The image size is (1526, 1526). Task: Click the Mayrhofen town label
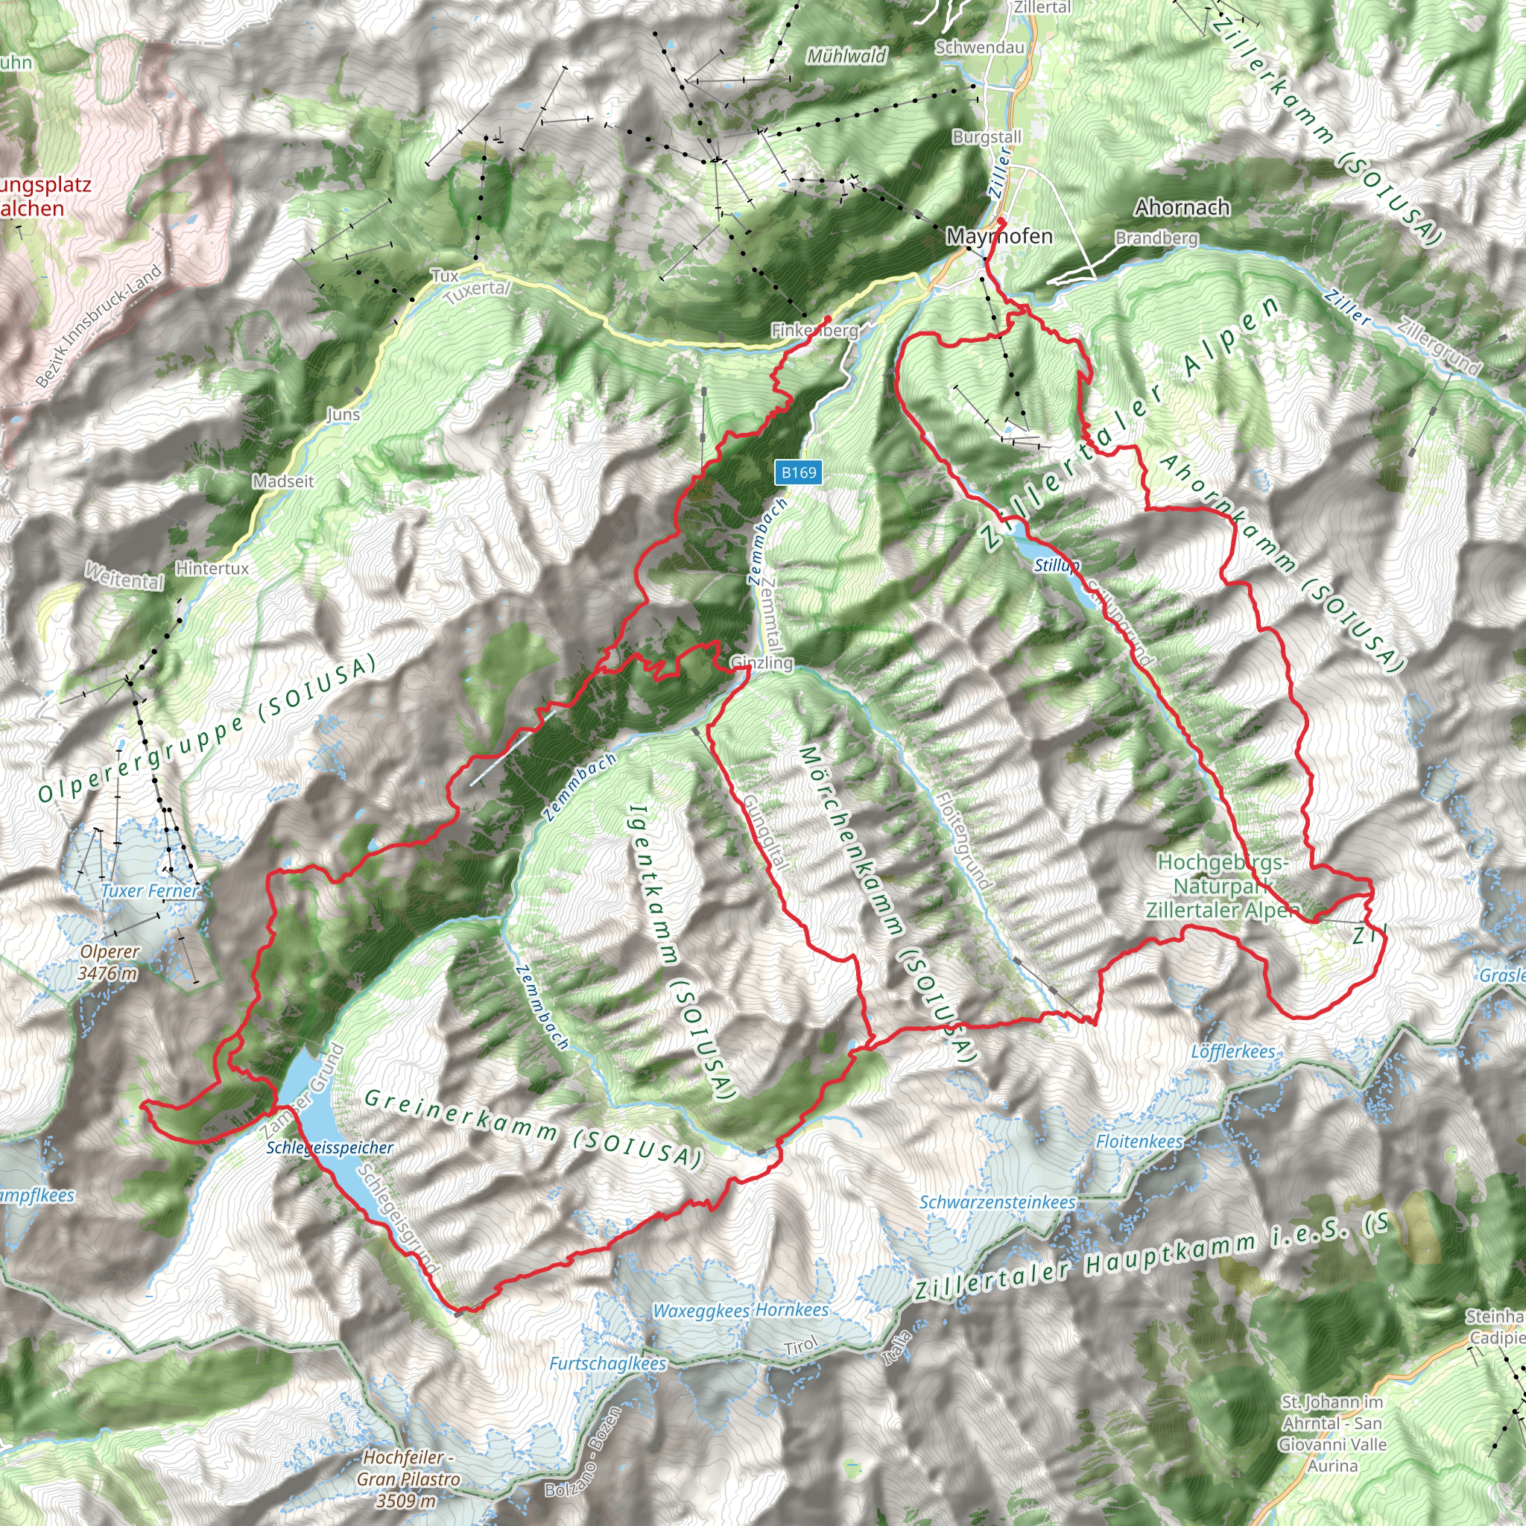coord(999,236)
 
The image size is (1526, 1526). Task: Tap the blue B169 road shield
coord(798,472)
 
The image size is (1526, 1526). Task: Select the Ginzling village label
coord(762,662)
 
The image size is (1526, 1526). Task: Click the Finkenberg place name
coord(814,331)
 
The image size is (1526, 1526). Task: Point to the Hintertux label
coord(212,569)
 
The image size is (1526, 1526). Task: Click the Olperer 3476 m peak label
coord(108,963)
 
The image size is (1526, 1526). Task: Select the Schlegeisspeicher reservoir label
coord(329,1147)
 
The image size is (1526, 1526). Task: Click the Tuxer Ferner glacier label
coord(150,891)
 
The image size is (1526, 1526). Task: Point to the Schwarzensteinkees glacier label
coord(997,1202)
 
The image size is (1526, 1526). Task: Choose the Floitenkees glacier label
coord(1139,1142)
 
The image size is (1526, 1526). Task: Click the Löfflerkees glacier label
coord(1232,1051)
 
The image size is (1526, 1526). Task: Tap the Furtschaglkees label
coord(607,1364)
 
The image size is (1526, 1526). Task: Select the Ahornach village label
coord(1183,208)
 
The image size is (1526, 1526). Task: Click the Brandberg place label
coord(1156,238)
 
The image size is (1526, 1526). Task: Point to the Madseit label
coord(282,481)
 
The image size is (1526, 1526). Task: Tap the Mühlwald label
coord(846,56)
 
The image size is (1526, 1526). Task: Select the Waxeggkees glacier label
coord(701,1311)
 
